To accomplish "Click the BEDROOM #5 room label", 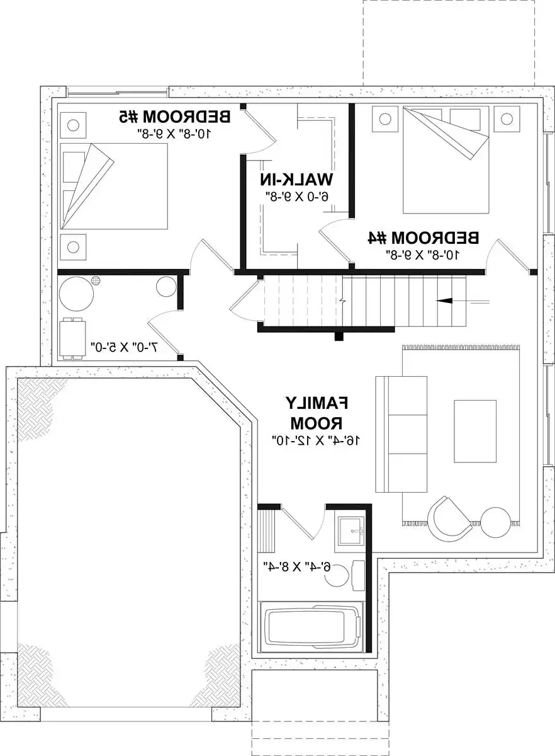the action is (x=175, y=117).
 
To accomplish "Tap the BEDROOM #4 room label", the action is (x=423, y=238).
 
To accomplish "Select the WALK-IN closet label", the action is (x=296, y=179).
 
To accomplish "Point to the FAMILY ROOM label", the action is (x=317, y=413).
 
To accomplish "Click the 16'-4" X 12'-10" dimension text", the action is (x=317, y=440).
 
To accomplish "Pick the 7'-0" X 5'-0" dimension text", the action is (x=124, y=347).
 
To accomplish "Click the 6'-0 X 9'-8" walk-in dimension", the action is (x=297, y=197).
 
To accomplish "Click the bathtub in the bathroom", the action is (x=311, y=627).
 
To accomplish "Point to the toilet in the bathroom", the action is (x=347, y=576).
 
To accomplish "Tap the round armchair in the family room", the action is (x=449, y=518).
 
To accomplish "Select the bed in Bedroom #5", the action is (x=114, y=186).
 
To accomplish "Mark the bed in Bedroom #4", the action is (x=446, y=160).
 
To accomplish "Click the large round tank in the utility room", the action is (x=76, y=294).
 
